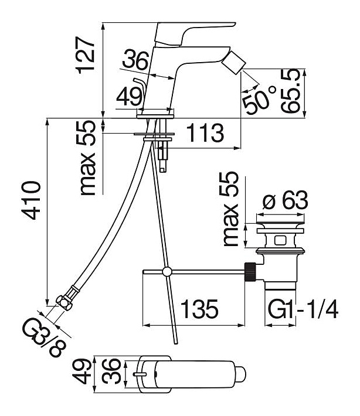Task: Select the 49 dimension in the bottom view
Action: coord(87,371)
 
